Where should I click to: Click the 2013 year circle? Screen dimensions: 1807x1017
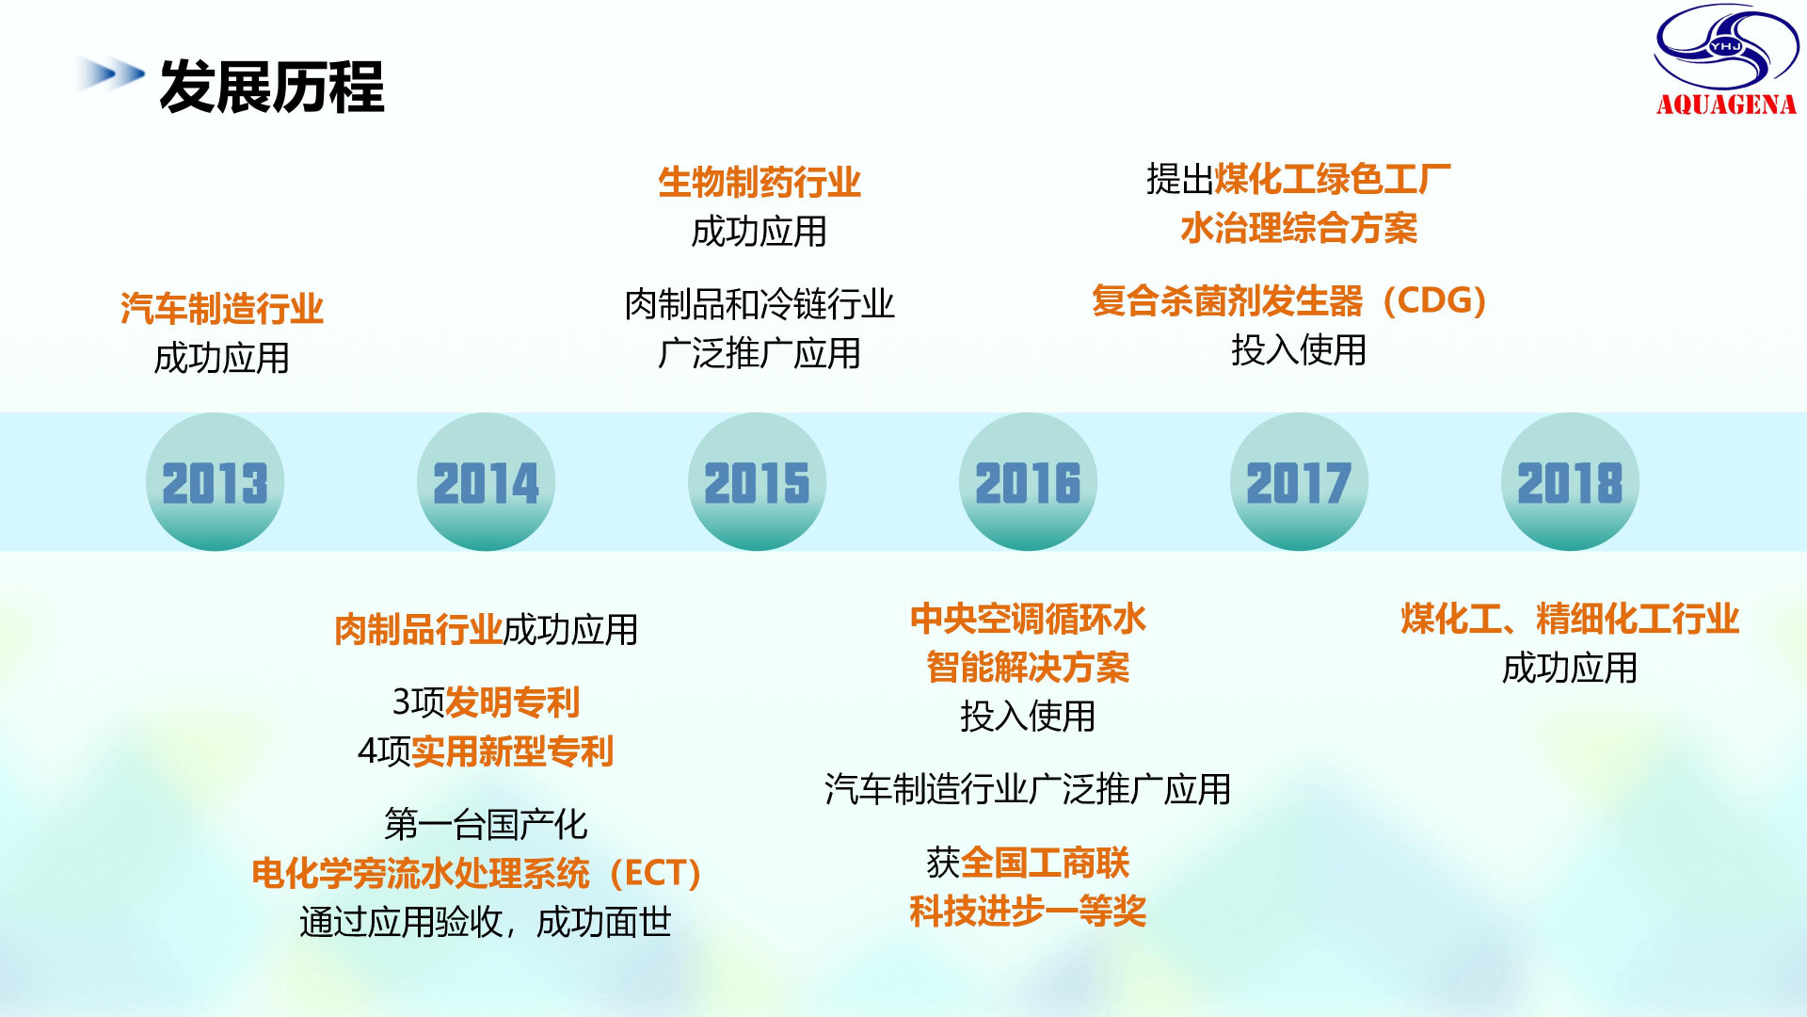coord(215,481)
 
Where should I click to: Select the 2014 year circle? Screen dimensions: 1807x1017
coord(486,481)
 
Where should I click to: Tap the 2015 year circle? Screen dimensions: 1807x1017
coord(757,481)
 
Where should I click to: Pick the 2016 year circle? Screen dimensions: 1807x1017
coord(1028,481)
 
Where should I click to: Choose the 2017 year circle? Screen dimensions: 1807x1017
coord(1299,481)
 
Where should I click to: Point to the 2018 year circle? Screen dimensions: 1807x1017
coord(1570,481)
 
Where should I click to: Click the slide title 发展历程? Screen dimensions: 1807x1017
coord(272,87)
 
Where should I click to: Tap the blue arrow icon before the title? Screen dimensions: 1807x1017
coord(111,73)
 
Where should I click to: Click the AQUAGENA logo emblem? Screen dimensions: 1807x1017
coord(1726,47)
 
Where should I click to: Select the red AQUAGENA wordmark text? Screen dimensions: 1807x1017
coord(1726,105)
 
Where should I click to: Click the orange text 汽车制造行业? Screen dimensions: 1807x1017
coord(222,309)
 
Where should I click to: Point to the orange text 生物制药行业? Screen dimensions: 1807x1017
coord(760,182)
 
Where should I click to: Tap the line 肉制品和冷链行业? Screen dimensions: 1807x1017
coord(760,304)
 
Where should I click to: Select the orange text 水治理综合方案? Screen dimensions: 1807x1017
coord(1299,228)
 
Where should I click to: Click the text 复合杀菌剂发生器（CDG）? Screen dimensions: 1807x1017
coord(1289,301)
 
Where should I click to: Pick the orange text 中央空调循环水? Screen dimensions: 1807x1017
coord(1028,619)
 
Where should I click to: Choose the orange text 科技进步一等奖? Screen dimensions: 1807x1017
coord(1028,911)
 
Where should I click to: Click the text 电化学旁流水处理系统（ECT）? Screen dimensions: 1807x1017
coord(476,873)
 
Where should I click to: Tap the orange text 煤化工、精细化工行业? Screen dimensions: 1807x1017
coord(1570,619)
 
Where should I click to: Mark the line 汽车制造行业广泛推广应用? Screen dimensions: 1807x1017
coord(1028,789)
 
